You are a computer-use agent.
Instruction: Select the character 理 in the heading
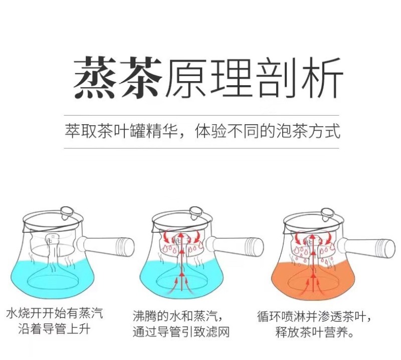pos(231,78)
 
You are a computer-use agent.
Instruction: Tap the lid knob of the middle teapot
pos(196,212)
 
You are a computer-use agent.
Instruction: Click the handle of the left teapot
pos(105,246)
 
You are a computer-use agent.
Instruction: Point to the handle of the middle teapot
pos(235,246)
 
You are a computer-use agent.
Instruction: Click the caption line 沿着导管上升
pos(54,329)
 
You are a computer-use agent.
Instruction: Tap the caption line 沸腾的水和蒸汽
pos(178,316)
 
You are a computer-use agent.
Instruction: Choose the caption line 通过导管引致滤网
pos(181,332)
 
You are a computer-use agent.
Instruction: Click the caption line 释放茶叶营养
pos(315,332)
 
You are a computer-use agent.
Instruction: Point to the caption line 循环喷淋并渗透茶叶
pos(314,316)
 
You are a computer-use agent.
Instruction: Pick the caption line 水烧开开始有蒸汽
pos(55,313)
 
